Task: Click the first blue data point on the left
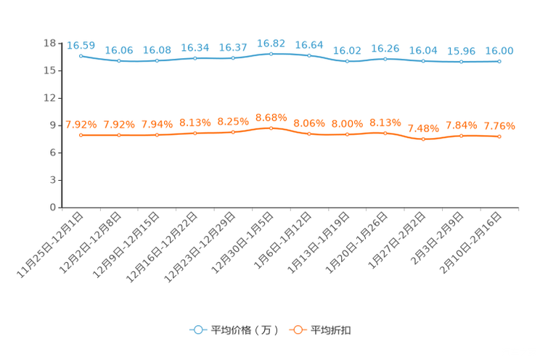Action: pos(81,55)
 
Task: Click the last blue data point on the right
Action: pos(499,62)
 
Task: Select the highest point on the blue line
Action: pos(271,54)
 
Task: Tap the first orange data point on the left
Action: pos(81,135)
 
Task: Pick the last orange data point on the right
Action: pos(499,136)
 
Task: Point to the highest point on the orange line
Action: pos(271,128)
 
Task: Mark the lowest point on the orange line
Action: pos(423,139)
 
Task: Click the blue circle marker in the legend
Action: pos(198,330)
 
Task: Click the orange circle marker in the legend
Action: pos(297,330)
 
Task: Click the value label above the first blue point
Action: pos(81,45)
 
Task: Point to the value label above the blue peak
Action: pos(271,43)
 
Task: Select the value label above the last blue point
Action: pos(499,51)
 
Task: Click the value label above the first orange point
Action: pos(81,124)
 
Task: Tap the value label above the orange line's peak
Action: pos(271,117)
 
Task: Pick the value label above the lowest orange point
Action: pos(423,129)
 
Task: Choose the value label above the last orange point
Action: pos(499,126)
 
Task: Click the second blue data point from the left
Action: pos(118,61)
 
